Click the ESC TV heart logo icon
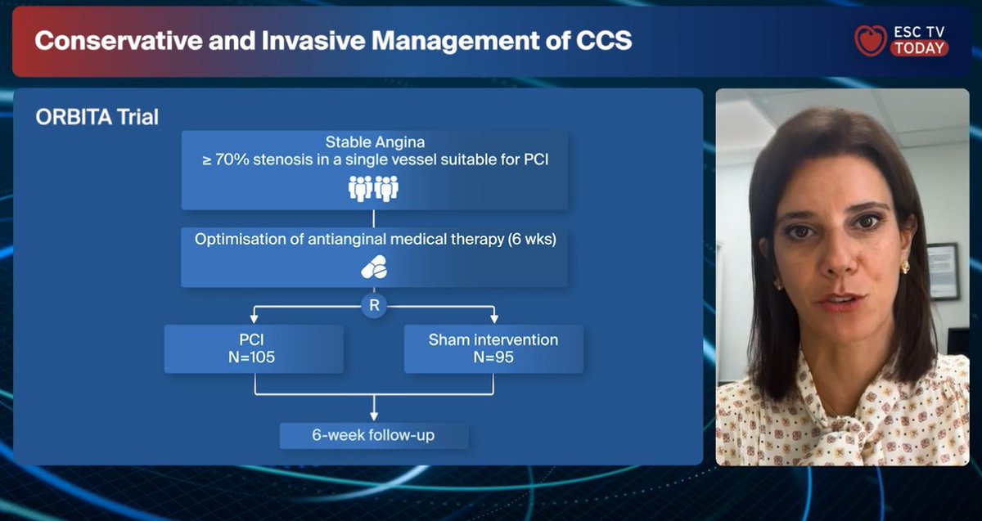pyautogui.click(x=870, y=40)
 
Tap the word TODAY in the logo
pyautogui.click(x=920, y=48)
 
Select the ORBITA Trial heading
pyautogui.click(x=97, y=118)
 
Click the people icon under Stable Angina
pyautogui.click(x=373, y=188)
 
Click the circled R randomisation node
pyautogui.click(x=374, y=306)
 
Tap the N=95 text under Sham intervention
pyautogui.click(x=493, y=357)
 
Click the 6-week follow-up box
pyautogui.click(x=374, y=435)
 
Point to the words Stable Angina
pyautogui.click(x=374, y=142)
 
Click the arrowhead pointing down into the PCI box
pyautogui.click(x=255, y=318)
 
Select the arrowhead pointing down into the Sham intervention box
pyautogui.click(x=493, y=318)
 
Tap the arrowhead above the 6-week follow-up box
pyautogui.click(x=374, y=416)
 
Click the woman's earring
pyautogui.click(x=904, y=267)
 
